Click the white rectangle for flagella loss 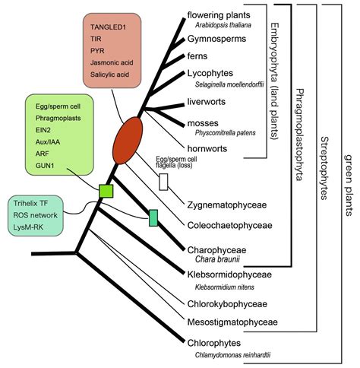pos(163,181)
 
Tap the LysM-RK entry pos(30,228)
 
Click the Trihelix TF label pos(33,204)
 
